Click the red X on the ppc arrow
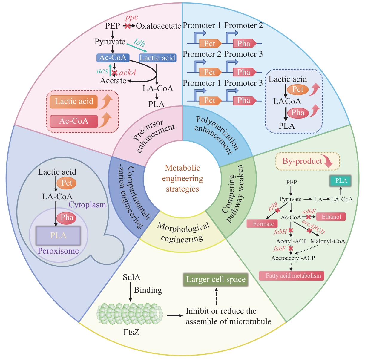[x=128, y=26]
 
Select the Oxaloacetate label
[x=159, y=26]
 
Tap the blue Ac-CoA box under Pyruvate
[x=113, y=58]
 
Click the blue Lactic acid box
[x=157, y=58]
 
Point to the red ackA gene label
[x=128, y=73]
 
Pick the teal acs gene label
[x=102, y=71]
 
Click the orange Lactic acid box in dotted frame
[x=74, y=102]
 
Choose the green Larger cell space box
[x=216, y=280]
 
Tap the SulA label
[x=131, y=277]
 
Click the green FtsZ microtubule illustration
[x=129, y=314]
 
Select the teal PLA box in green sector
[x=341, y=181]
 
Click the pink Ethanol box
[x=331, y=217]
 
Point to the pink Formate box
[x=263, y=224]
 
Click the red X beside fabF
[x=291, y=248]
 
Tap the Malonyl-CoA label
[x=328, y=241]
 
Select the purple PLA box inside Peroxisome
[x=58, y=235]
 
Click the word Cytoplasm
[x=87, y=205]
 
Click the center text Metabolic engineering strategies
[x=183, y=178]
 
